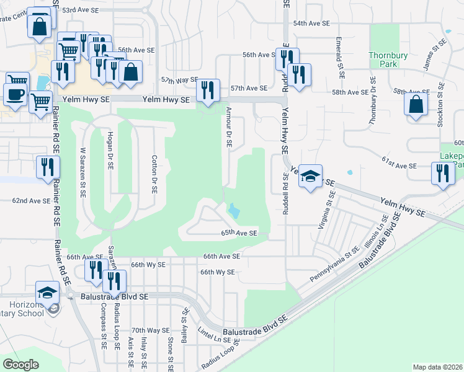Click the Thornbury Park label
click(x=388, y=60)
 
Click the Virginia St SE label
click(x=326, y=210)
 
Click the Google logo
click(x=21, y=365)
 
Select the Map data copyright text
click(x=437, y=367)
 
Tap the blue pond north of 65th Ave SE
click(x=234, y=211)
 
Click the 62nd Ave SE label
click(x=31, y=201)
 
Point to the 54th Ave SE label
click(x=311, y=23)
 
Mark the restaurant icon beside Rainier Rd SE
click(x=47, y=167)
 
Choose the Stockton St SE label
click(x=440, y=105)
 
